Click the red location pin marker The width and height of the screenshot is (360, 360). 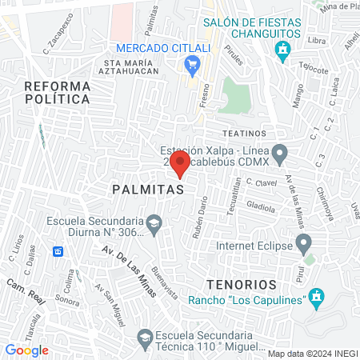coord(181,166)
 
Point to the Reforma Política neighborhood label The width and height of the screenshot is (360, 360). coord(55,92)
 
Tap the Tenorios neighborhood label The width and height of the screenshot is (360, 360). coord(240,284)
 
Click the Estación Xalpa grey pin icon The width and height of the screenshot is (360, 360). coord(279,151)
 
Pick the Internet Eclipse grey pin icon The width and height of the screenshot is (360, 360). coord(303,242)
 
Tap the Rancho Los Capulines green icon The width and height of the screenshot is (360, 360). coord(317,298)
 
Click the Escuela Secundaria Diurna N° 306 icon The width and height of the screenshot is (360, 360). coord(154,222)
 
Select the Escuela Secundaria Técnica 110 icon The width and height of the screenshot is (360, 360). coord(144,338)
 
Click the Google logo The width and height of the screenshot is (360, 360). coord(26,350)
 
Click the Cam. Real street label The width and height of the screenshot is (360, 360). coord(22,286)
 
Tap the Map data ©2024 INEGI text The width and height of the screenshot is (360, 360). coord(311,353)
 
